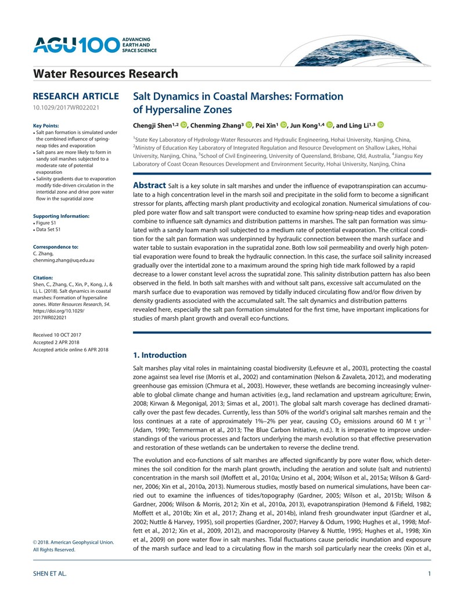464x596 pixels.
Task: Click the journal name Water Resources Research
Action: click(x=106, y=74)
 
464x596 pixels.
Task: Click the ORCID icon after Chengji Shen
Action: click(x=184, y=124)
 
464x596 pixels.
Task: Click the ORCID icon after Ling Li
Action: click(x=381, y=124)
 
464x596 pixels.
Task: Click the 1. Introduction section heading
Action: click(x=160, y=355)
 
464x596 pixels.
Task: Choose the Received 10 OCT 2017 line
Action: click(x=57, y=335)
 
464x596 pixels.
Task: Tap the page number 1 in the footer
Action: click(x=428, y=574)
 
